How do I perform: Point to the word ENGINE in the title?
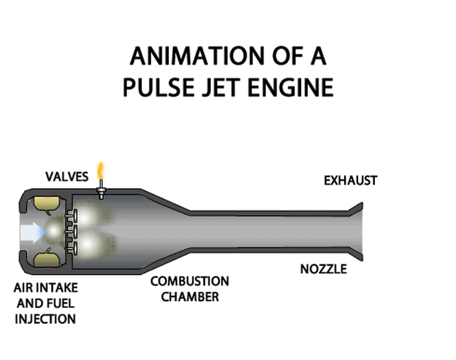pos(290,87)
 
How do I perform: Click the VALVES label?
pos(67,177)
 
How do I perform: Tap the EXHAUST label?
pos(350,180)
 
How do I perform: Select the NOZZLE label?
pos(323,269)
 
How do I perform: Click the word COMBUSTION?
pos(189,281)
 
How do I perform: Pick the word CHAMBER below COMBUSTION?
pos(190,296)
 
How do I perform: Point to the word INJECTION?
pos(45,319)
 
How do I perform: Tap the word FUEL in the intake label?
pos(63,303)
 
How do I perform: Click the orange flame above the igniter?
pos(100,171)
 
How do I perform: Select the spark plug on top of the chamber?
pos(100,188)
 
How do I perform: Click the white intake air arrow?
pos(31,231)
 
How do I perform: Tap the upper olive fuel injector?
pos(43,204)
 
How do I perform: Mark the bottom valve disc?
pos(73,247)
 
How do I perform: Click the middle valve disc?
pos(73,232)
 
